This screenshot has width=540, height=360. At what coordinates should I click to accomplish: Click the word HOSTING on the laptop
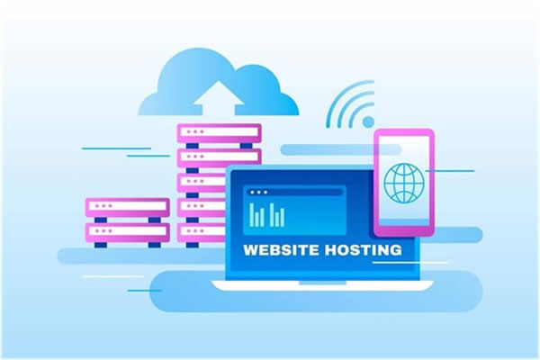pos(364,250)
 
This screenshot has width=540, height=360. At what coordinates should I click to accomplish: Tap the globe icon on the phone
pos(404,183)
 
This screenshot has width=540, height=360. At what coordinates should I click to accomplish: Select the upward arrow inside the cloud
pos(219,98)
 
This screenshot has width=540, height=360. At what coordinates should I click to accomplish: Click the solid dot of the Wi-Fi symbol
pos(368,121)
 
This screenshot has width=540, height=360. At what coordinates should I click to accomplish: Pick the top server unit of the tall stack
pos(219,133)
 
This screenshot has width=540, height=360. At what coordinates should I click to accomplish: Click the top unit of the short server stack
pos(128,207)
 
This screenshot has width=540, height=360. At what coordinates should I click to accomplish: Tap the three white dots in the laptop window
pos(258,193)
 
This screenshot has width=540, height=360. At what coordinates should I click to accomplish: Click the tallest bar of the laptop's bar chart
pos(252,214)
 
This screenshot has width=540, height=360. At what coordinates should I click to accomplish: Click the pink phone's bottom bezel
pos(404,230)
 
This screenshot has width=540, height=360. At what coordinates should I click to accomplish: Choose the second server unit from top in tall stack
pos(219,157)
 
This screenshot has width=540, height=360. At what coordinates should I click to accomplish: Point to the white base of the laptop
pos(322,285)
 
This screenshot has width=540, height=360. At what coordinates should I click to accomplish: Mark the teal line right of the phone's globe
pos(450,170)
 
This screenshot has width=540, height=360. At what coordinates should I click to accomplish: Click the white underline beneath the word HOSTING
pos(410,263)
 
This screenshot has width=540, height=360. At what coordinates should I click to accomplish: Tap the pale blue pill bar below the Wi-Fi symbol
pos(341,149)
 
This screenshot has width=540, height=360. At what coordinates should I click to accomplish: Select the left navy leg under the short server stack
pos(101,245)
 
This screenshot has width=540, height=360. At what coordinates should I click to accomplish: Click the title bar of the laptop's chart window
pos(294,193)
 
